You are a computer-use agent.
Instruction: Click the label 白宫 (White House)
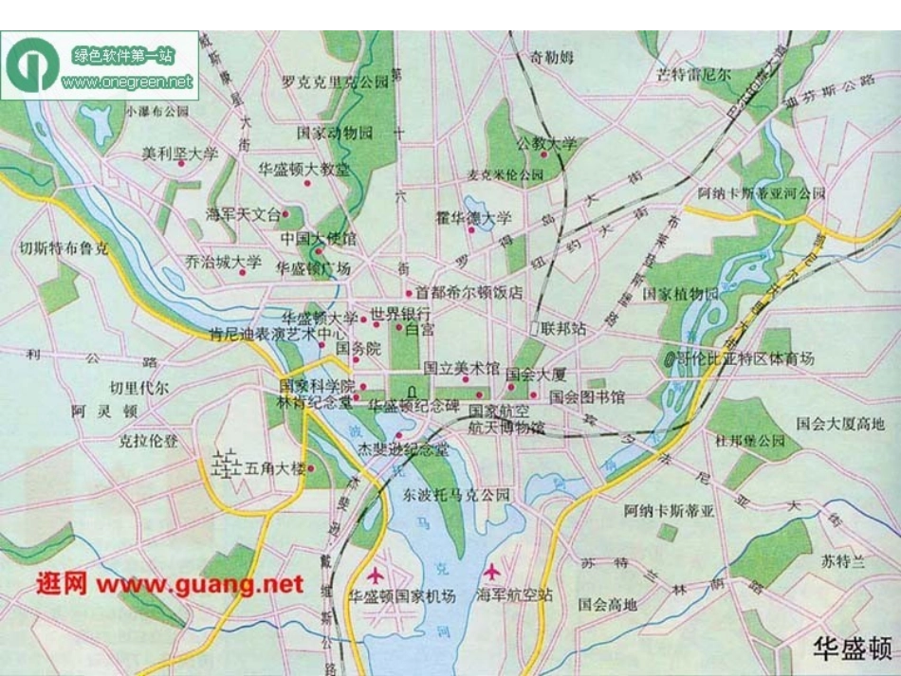coord(419,330)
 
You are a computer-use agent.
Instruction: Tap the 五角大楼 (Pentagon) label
coord(275,468)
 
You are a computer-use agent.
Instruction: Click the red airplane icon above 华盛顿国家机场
coord(377,575)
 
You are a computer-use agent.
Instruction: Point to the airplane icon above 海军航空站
coord(491,573)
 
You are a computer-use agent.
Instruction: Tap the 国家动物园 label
coord(335,132)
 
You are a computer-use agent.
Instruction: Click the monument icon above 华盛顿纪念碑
coord(411,391)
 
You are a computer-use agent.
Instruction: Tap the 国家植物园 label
coord(680,294)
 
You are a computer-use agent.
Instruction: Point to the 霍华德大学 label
coord(480,218)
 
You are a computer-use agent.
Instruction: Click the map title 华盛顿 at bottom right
coord(853,649)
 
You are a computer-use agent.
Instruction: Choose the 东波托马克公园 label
coord(456,495)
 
